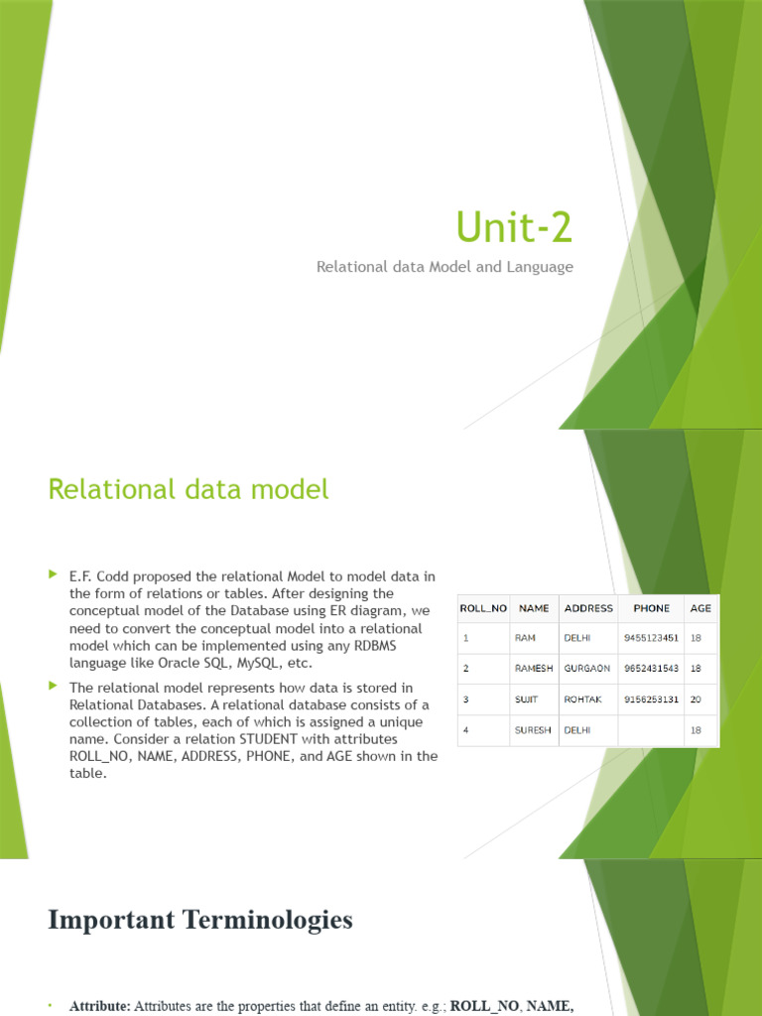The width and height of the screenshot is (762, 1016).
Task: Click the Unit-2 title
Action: [x=514, y=227]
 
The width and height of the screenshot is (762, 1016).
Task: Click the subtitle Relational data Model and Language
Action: [x=444, y=267]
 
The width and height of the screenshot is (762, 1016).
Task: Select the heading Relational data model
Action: [x=188, y=489]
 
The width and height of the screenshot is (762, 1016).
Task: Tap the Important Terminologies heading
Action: [x=199, y=920]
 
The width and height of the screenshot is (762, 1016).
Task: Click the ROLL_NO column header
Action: [x=483, y=608]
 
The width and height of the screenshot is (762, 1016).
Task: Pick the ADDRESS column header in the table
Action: [x=588, y=608]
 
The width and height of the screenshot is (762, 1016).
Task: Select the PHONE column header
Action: [x=651, y=608]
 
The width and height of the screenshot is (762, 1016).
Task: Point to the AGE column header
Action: [x=701, y=608]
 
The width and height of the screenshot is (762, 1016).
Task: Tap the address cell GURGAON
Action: [x=587, y=669]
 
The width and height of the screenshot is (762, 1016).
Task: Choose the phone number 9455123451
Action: [x=651, y=638]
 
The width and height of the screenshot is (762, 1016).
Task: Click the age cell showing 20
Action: [x=697, y=699]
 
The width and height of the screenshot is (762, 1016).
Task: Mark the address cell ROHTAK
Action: [x=583, y=699]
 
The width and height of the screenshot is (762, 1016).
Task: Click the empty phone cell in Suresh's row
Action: [x=651, y=730]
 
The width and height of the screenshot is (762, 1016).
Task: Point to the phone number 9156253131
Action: [x=651, y=699]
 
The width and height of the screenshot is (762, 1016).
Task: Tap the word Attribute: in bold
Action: [x=100, y=1006]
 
